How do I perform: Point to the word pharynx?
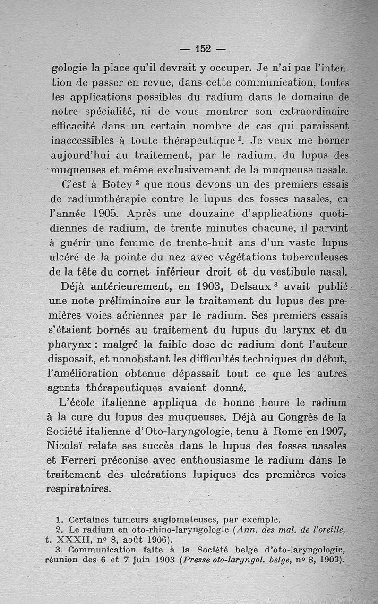pyautogui.click(x=72, y=345)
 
